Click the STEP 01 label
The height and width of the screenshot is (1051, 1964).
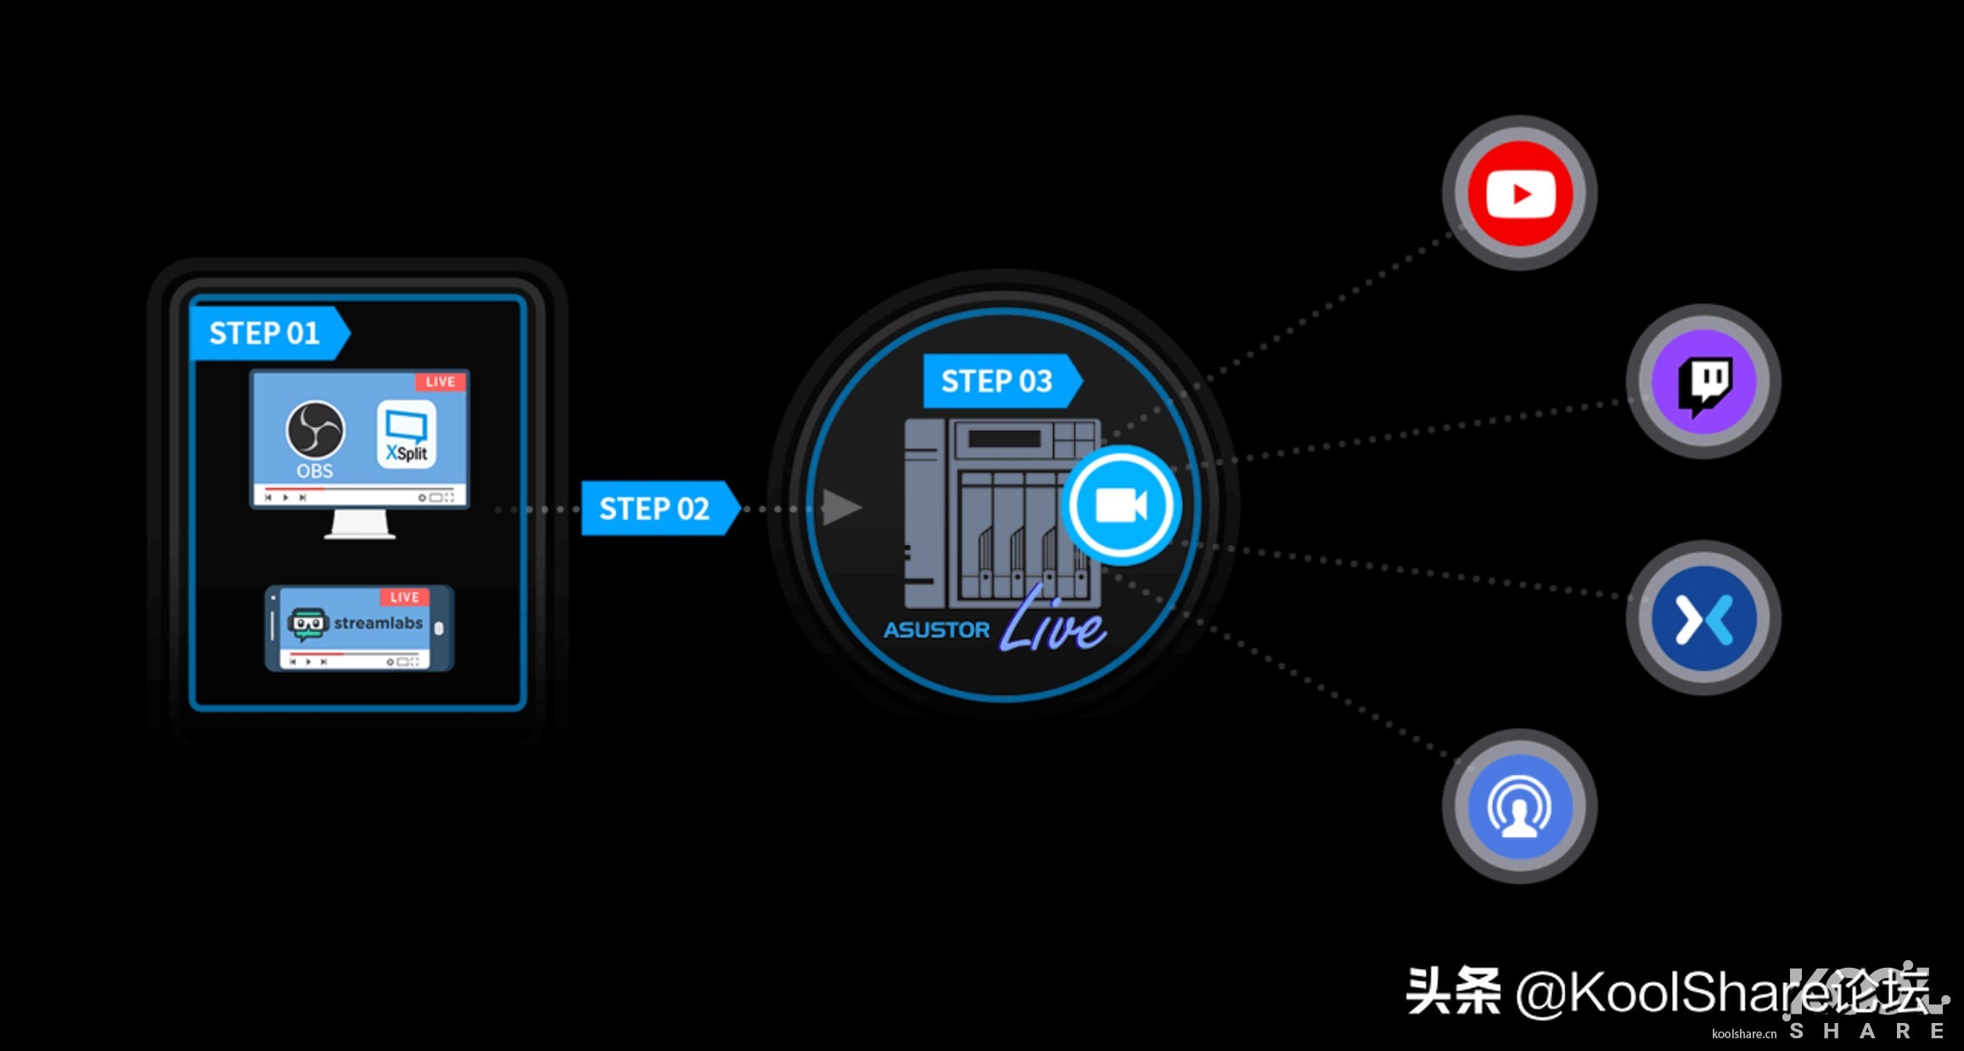(265, 333)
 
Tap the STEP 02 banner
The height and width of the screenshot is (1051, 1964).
(654, 509)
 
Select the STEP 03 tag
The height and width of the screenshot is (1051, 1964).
(996, 381)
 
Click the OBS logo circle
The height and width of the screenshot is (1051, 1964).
(315, 430)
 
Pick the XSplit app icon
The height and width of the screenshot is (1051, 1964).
(407, 434)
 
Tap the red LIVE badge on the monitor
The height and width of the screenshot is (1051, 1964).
(440, 382)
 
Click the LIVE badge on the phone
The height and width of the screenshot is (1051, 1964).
(405, 598)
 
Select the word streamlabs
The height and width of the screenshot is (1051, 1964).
(378, 623)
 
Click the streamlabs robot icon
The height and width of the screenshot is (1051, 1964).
(306, 624)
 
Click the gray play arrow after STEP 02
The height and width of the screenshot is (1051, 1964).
(841, 508)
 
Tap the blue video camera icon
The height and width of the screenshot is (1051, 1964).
(1121, 506)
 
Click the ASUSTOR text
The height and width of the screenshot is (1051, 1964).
(936, 630)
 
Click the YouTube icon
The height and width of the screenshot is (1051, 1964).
(1520, 194)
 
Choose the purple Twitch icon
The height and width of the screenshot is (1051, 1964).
(1703, 382)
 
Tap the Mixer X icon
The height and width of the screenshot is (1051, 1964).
(1703, 619)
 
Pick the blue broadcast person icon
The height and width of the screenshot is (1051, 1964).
(1520, 807)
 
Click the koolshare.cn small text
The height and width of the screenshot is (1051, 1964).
(1743, 1033)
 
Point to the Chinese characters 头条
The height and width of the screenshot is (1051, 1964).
(1453, 992)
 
